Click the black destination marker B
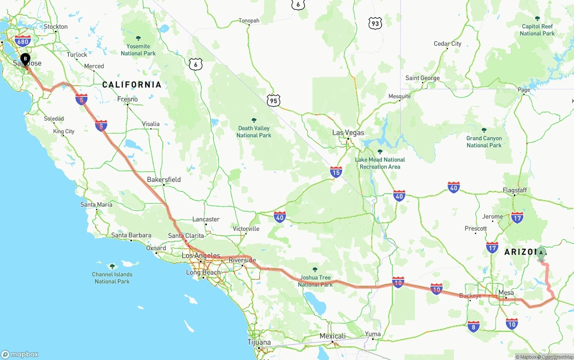tap(26, 59)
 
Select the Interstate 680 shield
tap(22, 41)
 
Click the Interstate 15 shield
tap(336, 172)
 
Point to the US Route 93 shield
tap(375, 23)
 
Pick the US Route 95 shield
tap(273, 101)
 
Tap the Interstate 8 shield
tap(473, 326)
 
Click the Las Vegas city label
tap(348, 133)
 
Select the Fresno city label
tap(127, 99)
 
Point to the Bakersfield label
tap(164, 179)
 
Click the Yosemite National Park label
tap(138, 50)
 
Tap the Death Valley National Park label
tap(254, 132)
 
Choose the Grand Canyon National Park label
tap(484, 142)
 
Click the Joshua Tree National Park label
tap(315, 281)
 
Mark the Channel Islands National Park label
tap(112, 278)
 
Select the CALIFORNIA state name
tap(131, 84)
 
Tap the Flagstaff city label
tap(514, 190)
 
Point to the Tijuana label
tap(259, 343)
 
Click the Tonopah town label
tap(249, 21)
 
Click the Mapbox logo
tap(20, 354)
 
